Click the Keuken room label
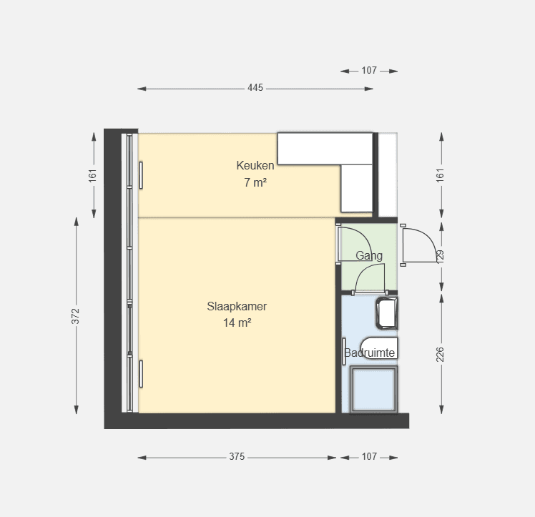pos(255,165)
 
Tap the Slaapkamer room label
pos(237,306)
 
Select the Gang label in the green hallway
pos(369,256)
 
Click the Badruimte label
pos(370,353)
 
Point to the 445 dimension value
pos(255,88)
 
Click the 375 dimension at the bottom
pos(237,456)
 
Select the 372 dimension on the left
pos(75,316)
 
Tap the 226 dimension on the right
pos(440,355)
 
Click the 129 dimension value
pos(440,256)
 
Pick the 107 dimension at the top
pos(369,70)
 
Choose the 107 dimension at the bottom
pos(369,456)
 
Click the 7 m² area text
pos(255,182)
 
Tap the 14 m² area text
pos(237,322)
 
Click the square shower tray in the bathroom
pos(374,390)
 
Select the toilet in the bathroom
pos(379,348)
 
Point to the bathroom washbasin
pos(387,313)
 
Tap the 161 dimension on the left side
pos(93,175)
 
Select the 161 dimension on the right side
pos(440,175)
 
